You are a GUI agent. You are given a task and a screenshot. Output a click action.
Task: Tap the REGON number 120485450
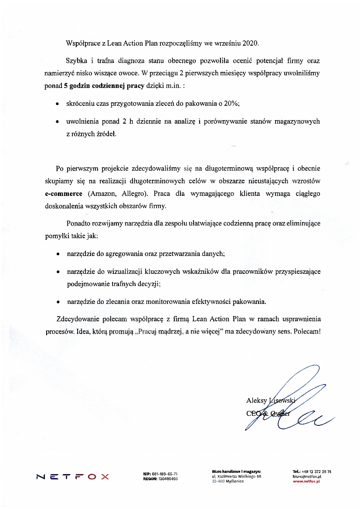pos(167,479)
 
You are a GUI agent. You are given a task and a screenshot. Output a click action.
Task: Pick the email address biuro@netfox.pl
pos(307,476)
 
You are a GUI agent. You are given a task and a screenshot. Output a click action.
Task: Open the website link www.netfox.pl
pos(306,481)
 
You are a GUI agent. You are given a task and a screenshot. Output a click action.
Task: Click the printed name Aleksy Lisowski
pos(271,400)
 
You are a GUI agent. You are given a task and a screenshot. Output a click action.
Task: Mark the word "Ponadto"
pos(79,223)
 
